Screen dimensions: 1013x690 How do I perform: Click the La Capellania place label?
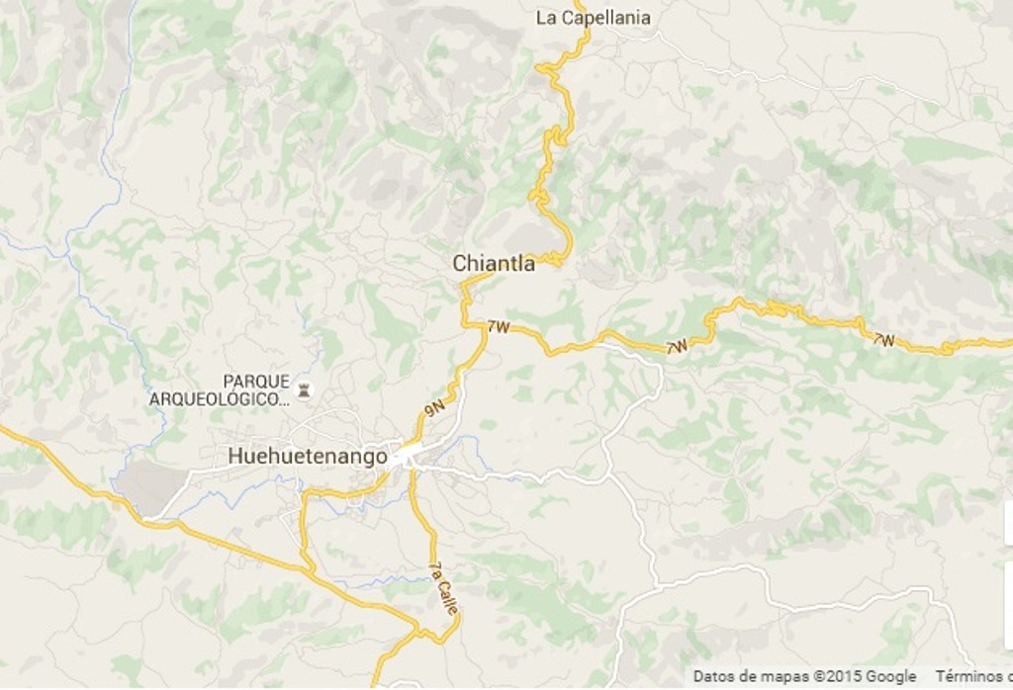click(593, 18)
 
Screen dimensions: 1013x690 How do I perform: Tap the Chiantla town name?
click(494, 264)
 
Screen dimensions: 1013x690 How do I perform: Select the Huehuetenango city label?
click(307, 457)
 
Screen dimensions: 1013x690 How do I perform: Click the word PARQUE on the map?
click(256, 382)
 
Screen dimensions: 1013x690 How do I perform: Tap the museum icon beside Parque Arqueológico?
click(303, 391)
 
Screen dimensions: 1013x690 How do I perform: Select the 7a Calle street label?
click(443, 588)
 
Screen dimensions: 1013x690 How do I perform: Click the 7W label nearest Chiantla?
click(498, 327)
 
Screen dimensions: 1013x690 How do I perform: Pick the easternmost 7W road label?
click(883, 340)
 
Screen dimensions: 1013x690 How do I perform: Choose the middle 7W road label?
click(678, 347)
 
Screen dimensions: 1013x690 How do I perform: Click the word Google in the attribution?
click(891, 677)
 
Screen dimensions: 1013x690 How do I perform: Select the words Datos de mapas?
click(751, 677)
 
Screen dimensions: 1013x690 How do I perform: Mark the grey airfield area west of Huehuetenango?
click(151, 487)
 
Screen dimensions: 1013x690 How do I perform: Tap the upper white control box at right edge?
click(1008, 522)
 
